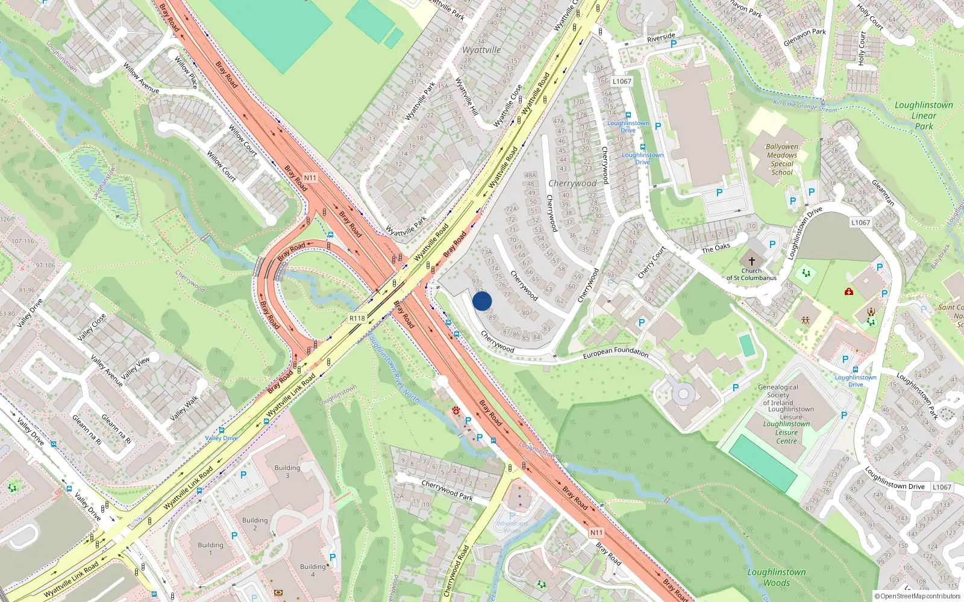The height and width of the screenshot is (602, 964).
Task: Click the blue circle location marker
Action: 482,301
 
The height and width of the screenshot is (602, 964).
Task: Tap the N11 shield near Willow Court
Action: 310,178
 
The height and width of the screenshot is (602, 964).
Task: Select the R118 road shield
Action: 357,318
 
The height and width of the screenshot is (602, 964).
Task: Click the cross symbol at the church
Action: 751,261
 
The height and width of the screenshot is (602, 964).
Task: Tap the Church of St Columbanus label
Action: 751,275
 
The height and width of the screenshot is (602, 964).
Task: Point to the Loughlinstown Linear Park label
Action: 924,116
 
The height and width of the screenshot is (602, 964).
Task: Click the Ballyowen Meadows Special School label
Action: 782,160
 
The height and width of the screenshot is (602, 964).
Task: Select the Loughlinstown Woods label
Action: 777,577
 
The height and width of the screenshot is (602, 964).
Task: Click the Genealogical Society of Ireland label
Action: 778,395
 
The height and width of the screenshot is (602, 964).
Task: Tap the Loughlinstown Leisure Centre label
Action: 787,432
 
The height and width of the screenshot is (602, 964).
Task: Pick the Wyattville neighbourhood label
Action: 481,50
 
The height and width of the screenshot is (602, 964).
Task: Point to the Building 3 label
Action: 287,471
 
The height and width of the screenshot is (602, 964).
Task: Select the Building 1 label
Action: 210,548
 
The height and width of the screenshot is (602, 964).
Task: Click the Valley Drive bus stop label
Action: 221,438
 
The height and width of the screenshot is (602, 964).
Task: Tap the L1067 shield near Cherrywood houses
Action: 622,81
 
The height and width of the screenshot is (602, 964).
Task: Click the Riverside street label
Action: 661,38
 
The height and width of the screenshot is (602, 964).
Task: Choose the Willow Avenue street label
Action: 141,78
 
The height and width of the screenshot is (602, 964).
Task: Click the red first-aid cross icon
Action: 849,292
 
